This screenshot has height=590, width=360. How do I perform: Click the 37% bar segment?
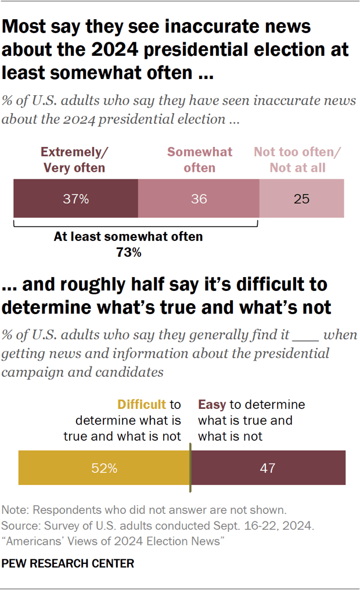coord(75,199)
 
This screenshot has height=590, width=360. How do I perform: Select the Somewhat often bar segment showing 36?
coord(199,199)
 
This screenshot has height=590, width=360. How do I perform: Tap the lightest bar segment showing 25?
coord(301,199)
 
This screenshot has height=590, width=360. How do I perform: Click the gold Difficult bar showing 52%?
coord(104,467)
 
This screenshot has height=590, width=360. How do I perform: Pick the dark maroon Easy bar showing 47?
coord(268,467)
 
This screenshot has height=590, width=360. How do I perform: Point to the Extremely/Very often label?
coord(74,160)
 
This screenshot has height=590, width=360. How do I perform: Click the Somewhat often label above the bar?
coord(200,160)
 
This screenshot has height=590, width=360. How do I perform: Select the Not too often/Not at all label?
coord(297,160)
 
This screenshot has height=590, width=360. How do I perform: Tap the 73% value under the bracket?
coord(128,253)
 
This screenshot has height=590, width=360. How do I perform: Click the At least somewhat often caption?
coord(128,237)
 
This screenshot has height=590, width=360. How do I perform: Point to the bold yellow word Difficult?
coord(142,405)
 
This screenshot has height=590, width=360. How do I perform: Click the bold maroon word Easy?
coord(213,405)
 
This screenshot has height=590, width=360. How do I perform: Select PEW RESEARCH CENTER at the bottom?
coord(68,563)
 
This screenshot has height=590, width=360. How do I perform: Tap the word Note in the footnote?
coord(15,510)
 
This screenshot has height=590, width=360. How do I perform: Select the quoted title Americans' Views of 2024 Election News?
coord(113,541)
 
